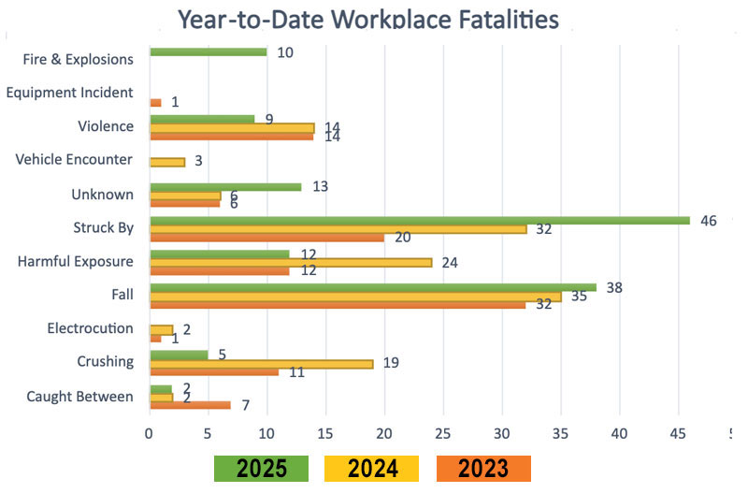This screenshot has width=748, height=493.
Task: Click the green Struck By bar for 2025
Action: coord(419,221)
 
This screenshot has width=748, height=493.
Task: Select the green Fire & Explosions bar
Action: coord(208,51)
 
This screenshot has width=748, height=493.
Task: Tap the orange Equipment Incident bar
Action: coord(155,102)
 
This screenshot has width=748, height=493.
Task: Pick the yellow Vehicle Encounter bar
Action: coord(167,162)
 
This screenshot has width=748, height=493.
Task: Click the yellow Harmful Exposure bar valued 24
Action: coord(290,262)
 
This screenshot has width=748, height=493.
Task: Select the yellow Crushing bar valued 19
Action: coord(261,363)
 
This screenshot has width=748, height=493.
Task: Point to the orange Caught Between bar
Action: coord(190,405)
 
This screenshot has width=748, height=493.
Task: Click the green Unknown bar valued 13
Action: coord(225,187)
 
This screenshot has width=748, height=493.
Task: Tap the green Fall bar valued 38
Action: coord(372,288)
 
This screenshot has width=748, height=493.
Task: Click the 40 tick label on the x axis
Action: coord(619,434)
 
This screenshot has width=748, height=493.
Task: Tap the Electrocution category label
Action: coord(91,328)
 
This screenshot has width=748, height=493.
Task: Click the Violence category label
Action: coord(106,126)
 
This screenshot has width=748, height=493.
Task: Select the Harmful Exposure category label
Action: coord(76,261)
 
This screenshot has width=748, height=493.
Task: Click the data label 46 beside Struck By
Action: coord(708,221)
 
